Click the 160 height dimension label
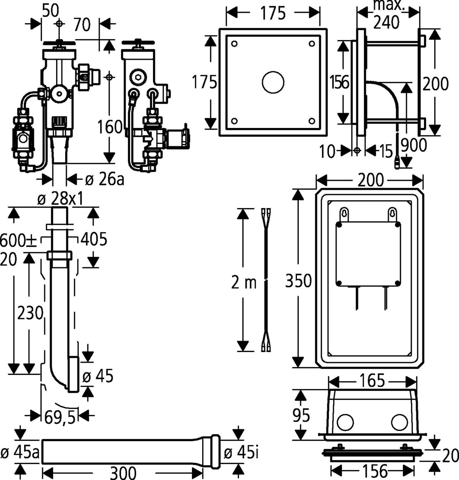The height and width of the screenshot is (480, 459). click(x=110, y=127)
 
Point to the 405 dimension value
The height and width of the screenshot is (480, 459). click(x=94, y=239)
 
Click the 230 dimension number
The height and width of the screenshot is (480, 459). click(x=30, y=314)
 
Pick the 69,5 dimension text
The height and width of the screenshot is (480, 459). click(x=60, y=418)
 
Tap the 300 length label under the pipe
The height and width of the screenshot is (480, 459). click(x=123, y=473)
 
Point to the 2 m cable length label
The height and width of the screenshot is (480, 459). click(x=244, y=282)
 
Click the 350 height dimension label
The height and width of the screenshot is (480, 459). click(x=298, y=281)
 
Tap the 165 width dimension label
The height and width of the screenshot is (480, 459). click(x=372, y=380)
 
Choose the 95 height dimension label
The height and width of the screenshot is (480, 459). click(x=301, y=415)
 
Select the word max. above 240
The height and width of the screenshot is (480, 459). click(x=388, y=5)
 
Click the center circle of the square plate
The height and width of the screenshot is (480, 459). click(x=273, y=82)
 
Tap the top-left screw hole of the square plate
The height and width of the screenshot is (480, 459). click(x=234, y=44)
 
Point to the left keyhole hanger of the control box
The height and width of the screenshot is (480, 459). click(x=345, y=214)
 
